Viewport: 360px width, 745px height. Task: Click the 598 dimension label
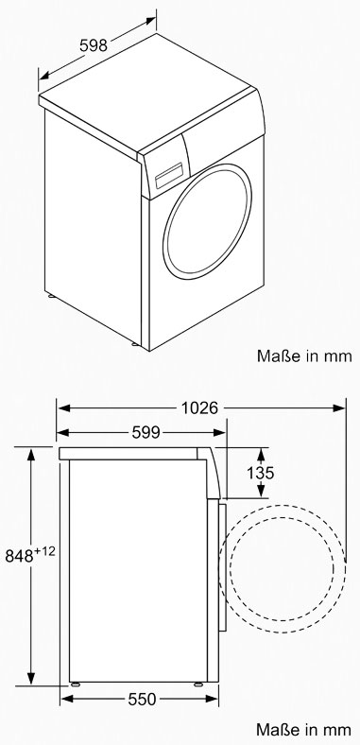click(x=94, y=45)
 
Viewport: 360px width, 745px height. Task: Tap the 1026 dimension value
click(x=199, y=407)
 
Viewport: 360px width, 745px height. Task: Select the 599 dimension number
click(x=146, y=432)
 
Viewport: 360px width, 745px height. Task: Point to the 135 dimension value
click(x=260, y=473)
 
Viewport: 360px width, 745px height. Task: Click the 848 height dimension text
click(x=19, y=555)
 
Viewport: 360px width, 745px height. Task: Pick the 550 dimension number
click(x=142, y=699)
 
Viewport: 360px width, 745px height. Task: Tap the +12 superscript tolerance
click(x=44, y=551)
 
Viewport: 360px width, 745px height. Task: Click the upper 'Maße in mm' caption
click(x=304, y=355)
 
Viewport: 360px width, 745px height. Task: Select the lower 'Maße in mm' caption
click(x=304, y=729)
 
